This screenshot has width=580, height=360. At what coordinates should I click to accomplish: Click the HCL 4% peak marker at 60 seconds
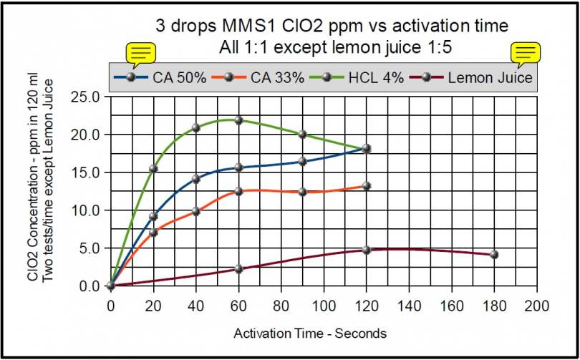pyautogui.click(x=238, y=120)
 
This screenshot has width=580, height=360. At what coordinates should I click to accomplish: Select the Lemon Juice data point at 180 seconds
pyautogui.click(x=494, y=254)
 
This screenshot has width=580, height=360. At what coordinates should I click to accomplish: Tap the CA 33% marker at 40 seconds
pyautogui.click(x=195, y=211)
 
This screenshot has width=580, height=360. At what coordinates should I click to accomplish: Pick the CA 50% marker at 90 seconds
pyautogui.click(x=302, y=161)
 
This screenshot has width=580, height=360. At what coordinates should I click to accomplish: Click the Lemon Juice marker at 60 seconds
pyautogui.click(x=238, y=269)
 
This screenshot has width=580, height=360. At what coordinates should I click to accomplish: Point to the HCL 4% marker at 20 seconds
pyautogui.click(x=153, y=168)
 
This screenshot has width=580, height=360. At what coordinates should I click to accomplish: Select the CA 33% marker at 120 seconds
pyautogui.click(x=367, y=185)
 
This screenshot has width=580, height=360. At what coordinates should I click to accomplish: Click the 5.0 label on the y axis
pyautogui.click(x=90, y=248)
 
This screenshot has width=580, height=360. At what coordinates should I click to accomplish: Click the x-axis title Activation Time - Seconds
pyautogui.click(x=309, y=333)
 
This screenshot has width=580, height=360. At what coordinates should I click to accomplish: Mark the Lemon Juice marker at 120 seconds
pyautogui.click(x=367, y=250)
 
